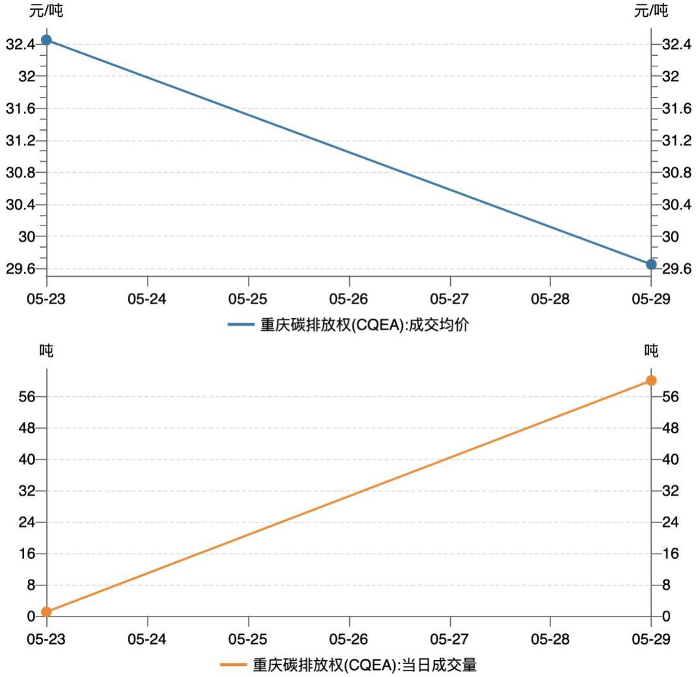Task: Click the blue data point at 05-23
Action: (46, 40)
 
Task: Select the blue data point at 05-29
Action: (651, 264)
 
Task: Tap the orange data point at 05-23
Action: (46, 611)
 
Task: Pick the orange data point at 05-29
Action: (651, 380)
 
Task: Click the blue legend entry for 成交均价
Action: (348, 324)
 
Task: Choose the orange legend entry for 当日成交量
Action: (348, 665)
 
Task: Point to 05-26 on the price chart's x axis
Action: (349, 299)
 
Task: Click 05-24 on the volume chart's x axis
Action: (148, 639)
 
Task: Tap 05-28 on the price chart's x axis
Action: (550, 299)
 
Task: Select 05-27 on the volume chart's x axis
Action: (450, 639)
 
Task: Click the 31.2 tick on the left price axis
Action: (20, 140)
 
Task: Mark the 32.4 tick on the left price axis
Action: (20, 44)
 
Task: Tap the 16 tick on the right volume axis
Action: (670, 554)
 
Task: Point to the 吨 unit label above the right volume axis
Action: (651, 351)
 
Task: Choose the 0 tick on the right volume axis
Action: (667, 617)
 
